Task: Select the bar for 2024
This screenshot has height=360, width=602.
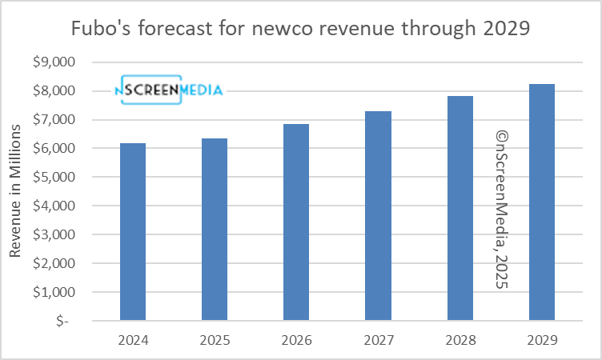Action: click(132, 232)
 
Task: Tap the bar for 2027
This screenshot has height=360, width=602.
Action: click(378, 216)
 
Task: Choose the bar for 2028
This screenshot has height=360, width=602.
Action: click(460, 208)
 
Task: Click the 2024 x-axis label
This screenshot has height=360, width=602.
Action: click(132, 339)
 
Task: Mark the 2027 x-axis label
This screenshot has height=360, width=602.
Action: click(378, 339)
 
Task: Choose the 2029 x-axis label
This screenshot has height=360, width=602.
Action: click(542, 339)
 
